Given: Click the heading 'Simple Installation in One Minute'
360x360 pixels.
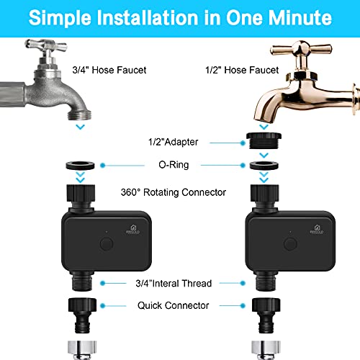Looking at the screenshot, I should point(180,17).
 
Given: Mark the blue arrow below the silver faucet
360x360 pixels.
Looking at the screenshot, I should point(80,127).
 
